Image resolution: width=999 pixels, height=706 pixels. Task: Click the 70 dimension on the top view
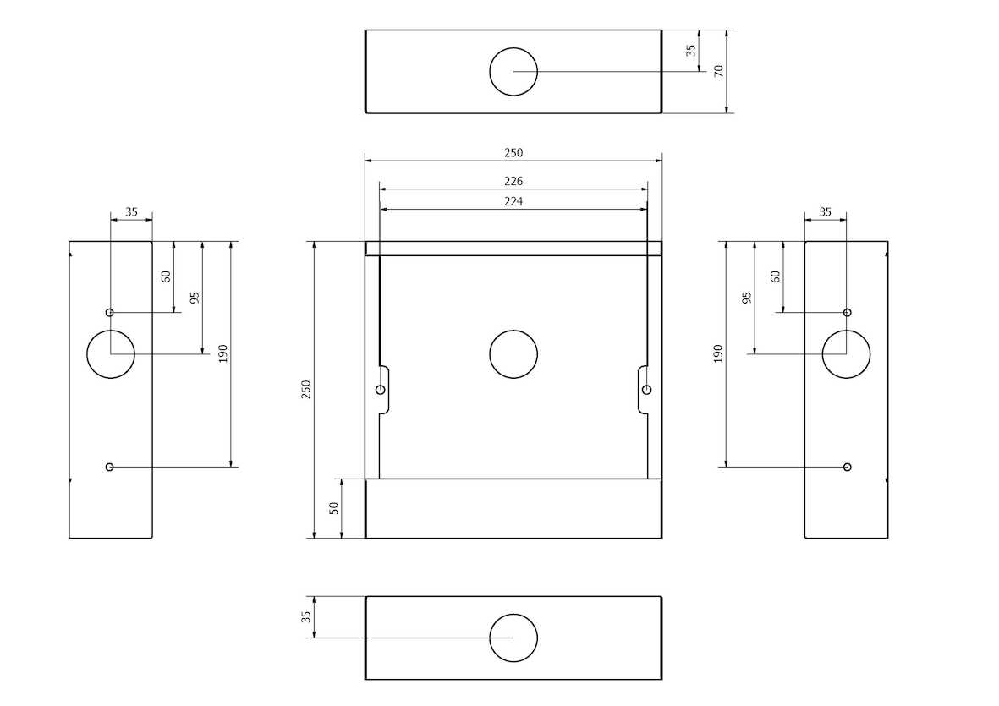[719, 71]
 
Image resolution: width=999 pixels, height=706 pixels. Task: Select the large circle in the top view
[513, 47]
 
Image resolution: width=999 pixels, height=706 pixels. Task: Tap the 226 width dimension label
[513, 182]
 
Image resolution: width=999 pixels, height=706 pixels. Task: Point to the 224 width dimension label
[513, 202]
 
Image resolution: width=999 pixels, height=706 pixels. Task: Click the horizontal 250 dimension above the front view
[513, 153]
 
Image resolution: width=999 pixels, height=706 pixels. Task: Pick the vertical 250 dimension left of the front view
[306, 390]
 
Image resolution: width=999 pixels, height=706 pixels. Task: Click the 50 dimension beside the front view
[334, 508]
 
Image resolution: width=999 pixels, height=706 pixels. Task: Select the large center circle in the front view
[513, 331]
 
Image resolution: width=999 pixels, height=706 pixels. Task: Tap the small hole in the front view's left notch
[381, 390]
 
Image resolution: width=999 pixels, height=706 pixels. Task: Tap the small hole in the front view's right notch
[646, 390]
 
